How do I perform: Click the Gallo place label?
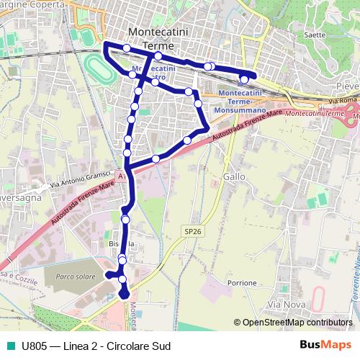(x=235, y=176)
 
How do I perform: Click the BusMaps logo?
(x=325, y=346)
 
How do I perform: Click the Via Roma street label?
(x=345, y=89)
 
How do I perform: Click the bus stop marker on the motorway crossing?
(x=156, y=159)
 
